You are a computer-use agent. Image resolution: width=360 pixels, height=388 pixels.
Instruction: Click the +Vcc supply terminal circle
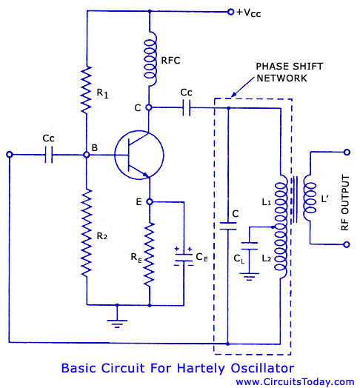pos(230,12)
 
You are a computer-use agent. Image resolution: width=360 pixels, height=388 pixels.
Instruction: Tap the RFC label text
pos(170,61)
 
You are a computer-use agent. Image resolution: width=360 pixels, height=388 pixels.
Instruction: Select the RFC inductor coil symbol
pos(150,58)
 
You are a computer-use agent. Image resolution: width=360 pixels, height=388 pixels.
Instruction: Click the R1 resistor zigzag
pos(87,90)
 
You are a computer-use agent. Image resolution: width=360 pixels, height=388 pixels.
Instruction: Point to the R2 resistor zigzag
pos(87,233)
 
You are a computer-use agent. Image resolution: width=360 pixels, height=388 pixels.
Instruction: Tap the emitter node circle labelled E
pos(150,201)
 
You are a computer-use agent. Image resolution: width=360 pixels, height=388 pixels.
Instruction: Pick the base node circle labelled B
pos(86,155)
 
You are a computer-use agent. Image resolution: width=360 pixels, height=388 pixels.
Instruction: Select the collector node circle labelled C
pos(149,107)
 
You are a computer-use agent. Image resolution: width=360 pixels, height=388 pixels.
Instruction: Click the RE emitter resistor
pos(150,255)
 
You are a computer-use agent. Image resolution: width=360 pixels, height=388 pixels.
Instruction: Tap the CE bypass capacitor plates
pos(184,258)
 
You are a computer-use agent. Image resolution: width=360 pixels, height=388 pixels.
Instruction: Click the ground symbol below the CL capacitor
pos(249,277)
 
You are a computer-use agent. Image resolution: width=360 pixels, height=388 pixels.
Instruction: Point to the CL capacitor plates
pos(250,246)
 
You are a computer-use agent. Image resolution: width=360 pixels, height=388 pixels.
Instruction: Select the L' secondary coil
pos(310,198)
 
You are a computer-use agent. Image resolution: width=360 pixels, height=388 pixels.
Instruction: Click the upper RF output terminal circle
pos(347,153)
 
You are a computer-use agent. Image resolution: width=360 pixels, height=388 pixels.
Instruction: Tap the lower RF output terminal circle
pos(347,244)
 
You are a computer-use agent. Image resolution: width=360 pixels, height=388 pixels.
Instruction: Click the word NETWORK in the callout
pos(281,78)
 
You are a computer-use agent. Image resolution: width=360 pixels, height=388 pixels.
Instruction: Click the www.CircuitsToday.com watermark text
pos(295,382)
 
